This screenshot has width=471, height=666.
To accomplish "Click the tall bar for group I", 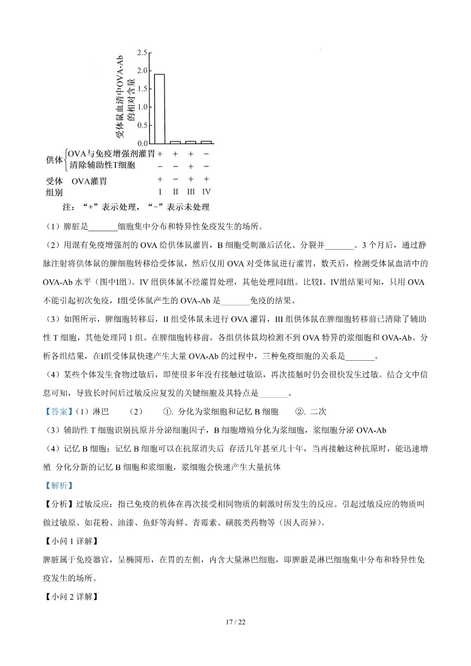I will click(159, 109).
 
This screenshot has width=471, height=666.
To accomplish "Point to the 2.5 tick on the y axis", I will click(142, 53).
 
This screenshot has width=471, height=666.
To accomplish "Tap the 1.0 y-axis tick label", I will click(142, 107).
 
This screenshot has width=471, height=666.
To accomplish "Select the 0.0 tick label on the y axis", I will click(142, 144).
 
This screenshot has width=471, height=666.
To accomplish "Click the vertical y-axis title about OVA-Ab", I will click(125, 97).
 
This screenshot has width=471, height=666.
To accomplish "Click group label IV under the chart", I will click(206, 192).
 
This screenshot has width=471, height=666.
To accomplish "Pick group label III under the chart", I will click(191, 192).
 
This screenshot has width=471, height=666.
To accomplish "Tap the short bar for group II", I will click(175, 142).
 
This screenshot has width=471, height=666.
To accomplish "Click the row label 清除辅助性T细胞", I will click(102, 165).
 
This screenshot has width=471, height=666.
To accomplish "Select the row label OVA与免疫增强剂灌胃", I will click(111, 154).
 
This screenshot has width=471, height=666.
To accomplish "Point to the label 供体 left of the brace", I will click(54, 160).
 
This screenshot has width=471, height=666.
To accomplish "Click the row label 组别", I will click(54, 192).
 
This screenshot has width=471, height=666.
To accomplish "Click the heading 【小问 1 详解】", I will click(70, 541).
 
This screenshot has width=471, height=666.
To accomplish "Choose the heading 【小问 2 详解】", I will click(70, 597).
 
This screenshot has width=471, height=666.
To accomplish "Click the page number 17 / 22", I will click(235, 622).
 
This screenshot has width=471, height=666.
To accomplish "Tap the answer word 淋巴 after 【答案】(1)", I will click(101, 412).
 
